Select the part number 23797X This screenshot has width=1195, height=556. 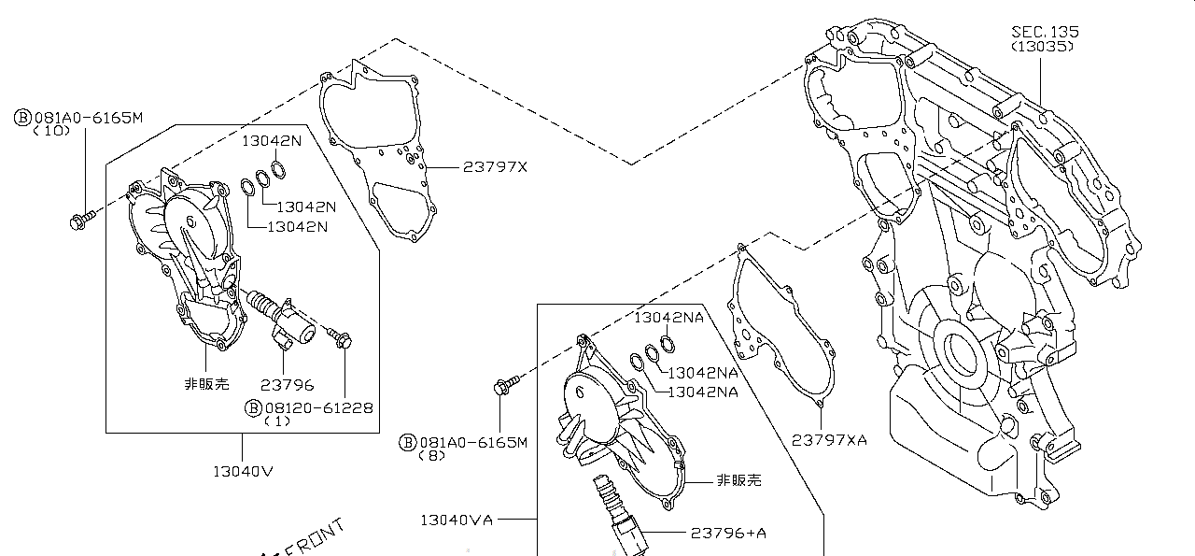pyautogui.click(x=495, y=167)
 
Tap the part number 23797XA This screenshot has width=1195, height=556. pyautogui.click(x=829, y=439)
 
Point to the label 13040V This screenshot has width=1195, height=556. pyautogui.click(x=243, y=471)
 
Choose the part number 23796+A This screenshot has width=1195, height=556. pyautogui.click(x=728, y=533)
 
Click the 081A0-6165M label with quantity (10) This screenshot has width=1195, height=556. pyautogui.click(x=88, y=118)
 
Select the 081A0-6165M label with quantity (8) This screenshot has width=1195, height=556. pyautogui.click(x=473, y=442)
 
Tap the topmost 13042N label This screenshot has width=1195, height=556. pyautogui.click(x=272, y=141)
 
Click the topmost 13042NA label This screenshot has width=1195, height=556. pyautogui.click(x=668, y=317)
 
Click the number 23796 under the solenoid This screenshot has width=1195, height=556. pyautogui.click(x=287, y=384)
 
